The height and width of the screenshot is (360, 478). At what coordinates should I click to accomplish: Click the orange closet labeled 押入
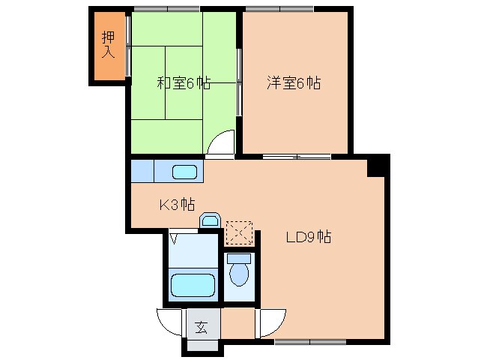click(109, 46)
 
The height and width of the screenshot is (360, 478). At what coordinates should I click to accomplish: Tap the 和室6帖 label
click(183, 83)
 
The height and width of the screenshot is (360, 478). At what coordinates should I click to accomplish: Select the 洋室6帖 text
click(293, 83)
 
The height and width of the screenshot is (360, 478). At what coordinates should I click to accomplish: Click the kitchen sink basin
click(185, 172)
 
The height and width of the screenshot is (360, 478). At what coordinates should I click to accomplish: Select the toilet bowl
click(239, 273)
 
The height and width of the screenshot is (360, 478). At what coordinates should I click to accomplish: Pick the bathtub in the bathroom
click(193, 285)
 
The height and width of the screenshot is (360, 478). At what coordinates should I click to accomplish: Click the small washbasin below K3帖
click(210, 220)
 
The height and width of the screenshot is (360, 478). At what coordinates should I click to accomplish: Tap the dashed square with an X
click(240, 233)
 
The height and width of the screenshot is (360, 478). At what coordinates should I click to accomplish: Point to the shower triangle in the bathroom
click(174, 239)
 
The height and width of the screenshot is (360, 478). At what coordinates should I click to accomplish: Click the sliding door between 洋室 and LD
click(297, 157)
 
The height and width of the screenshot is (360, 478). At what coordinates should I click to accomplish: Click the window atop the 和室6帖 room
click(166, 10)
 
